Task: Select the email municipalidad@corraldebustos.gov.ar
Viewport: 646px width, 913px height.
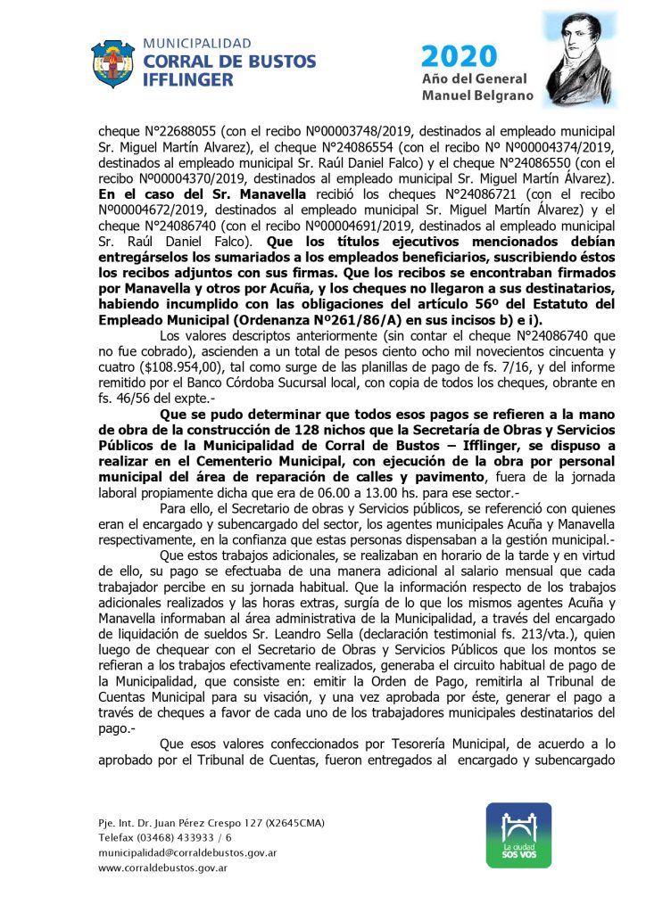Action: coord(187,852)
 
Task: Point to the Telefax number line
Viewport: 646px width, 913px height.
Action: coord(165,837)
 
